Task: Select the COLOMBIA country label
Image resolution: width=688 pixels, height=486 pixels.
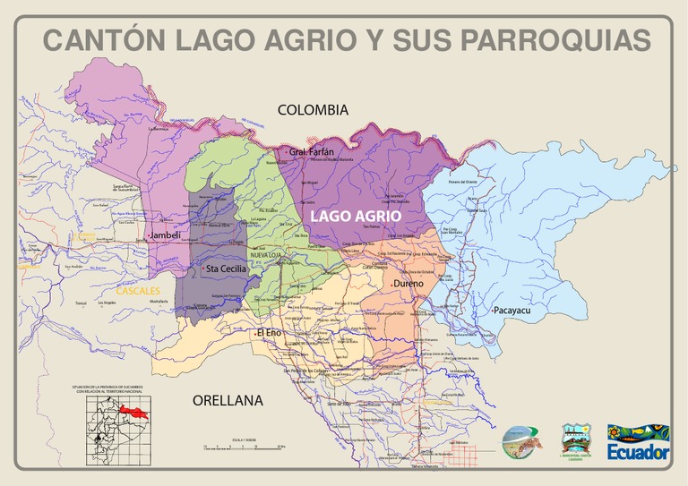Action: (x=312, y=110)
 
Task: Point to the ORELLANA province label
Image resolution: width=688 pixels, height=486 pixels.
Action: (x=228, y=401)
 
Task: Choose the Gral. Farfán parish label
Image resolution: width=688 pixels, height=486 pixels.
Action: (x=312, y=152)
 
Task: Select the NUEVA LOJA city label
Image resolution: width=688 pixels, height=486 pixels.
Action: (x=265, y=256)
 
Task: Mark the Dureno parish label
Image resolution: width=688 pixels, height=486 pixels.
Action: (x=408, y=285)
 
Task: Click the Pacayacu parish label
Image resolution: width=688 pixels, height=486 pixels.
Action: (x=512, y=311)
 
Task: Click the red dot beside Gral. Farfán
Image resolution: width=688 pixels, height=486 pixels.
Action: (x=288, y=153)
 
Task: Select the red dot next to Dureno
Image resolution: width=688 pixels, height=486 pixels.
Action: (x=391, y=286)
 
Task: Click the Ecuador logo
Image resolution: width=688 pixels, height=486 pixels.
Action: (x=638, y=442)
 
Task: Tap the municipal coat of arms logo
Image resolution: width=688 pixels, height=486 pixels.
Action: (x=573, y=440)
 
